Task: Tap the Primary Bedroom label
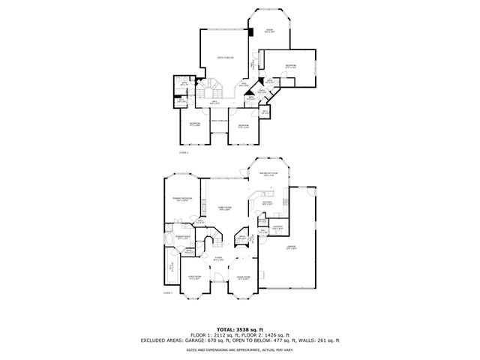click(184, 198)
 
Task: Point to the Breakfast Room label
click(268, 174)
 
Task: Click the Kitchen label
click(267, 202)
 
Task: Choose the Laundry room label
click(277, 226)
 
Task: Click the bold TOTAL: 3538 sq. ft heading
click(239, 328)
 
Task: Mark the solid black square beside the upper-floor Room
click(252, 31)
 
